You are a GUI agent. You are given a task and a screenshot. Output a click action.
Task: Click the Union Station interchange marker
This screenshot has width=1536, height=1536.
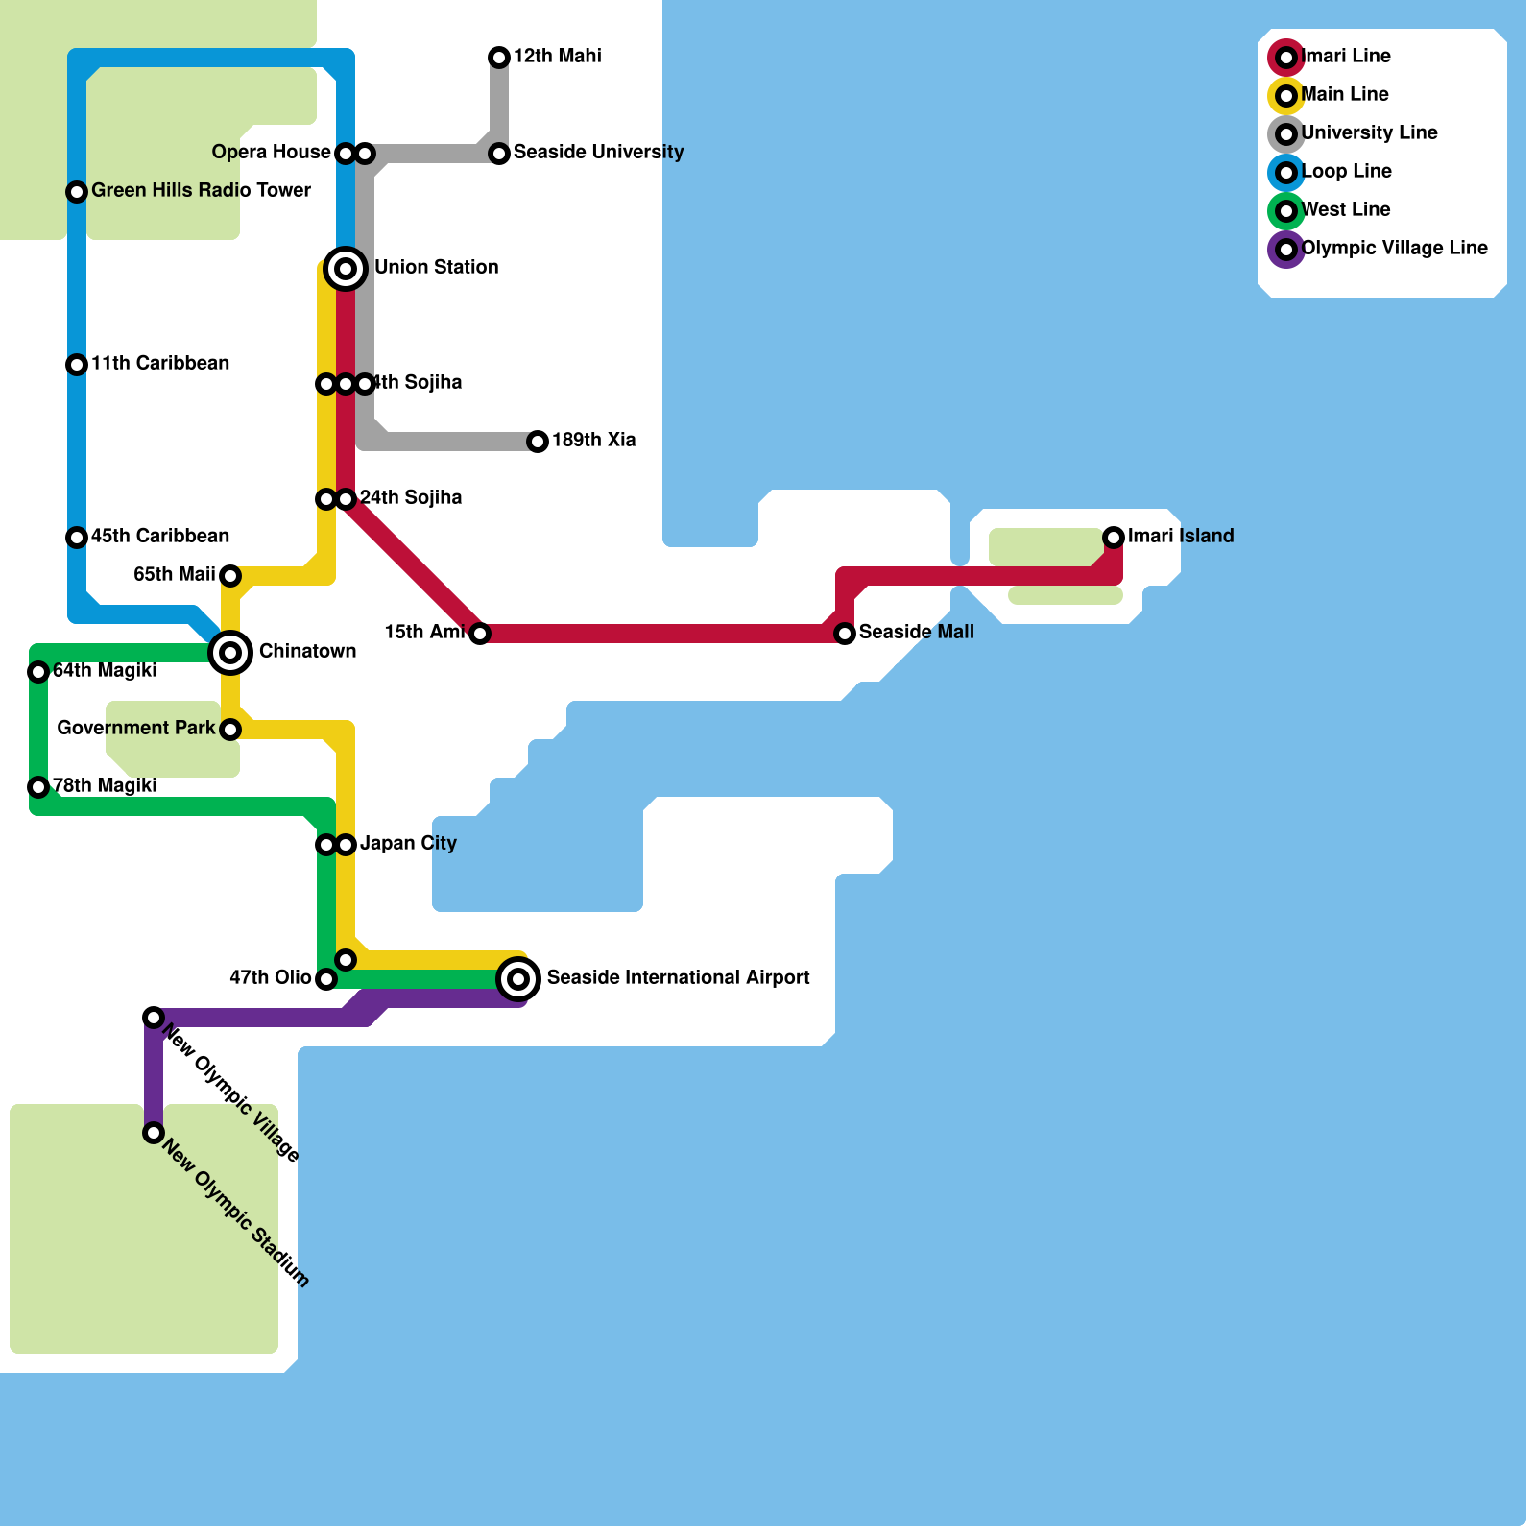346,268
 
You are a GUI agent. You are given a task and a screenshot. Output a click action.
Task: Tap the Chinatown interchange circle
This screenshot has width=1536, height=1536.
230,653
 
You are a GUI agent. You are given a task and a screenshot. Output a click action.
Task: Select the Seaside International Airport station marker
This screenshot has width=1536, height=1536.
518,979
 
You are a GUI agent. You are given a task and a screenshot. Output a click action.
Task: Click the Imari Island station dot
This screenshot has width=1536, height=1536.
1114,537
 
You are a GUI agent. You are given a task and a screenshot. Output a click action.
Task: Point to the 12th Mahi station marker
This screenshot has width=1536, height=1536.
499,58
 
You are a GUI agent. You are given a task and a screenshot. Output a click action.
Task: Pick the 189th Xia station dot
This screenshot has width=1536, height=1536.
538,442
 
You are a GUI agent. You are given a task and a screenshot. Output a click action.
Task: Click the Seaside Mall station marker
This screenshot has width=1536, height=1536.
845,634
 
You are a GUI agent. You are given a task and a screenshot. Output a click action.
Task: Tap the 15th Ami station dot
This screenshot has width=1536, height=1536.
480,634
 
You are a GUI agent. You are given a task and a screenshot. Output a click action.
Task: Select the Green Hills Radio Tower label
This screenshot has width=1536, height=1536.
201,190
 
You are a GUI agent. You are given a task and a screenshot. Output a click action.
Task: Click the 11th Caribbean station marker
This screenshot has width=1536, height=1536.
77,365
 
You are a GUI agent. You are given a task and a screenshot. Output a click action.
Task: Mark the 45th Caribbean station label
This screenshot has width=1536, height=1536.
160,536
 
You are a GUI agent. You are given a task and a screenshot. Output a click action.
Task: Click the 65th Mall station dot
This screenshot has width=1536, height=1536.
230,576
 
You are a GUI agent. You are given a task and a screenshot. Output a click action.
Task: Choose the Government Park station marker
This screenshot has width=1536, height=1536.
230,730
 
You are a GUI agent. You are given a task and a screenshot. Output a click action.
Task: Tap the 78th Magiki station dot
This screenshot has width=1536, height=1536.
38,787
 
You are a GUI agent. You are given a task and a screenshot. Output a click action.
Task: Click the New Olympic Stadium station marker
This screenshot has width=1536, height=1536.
154,1133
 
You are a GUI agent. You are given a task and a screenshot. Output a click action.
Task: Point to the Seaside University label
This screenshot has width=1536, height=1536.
598,152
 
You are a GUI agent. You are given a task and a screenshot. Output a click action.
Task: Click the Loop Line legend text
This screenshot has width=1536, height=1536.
1346,171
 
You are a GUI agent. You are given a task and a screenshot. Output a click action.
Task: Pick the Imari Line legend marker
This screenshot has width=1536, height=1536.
1286,58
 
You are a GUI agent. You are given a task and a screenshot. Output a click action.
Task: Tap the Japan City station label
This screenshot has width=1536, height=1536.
408,843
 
